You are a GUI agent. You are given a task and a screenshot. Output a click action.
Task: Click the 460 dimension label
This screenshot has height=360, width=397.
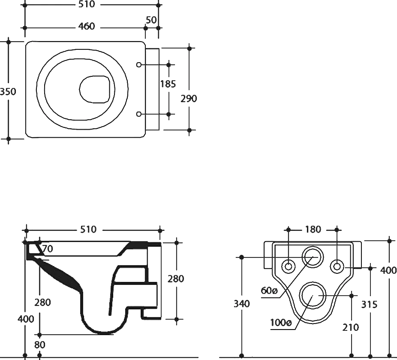(x=86, y=26)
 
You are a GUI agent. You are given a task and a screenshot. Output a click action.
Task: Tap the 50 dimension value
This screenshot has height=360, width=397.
(x=151, y=20)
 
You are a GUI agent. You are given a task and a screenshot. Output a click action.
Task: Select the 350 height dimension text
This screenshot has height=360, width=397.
(x=8, y=91)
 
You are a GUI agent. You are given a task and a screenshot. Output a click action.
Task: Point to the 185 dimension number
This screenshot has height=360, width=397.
(x=168, y=84)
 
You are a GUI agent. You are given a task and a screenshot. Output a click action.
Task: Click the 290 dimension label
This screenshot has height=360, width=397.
(x=189, y=99)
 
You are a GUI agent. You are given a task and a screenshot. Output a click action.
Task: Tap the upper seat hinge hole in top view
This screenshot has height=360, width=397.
(x=139, y=65)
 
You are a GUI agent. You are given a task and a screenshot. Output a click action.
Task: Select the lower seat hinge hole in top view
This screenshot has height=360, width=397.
(x=139, y=114)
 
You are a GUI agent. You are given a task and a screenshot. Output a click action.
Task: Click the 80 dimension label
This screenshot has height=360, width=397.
(x=40, y=345)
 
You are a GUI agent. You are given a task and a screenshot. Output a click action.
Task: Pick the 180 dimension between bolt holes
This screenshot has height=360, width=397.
(x=313, y=229)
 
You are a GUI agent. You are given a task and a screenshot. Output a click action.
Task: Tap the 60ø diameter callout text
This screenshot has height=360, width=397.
(x=269, y=290)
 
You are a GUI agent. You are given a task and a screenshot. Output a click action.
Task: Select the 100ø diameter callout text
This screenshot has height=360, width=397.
(x=281, y=323)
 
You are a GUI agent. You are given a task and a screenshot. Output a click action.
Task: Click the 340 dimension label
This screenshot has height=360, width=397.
(x=241, y=303)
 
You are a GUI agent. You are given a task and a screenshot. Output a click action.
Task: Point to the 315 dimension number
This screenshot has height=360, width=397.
(x=369, y=304)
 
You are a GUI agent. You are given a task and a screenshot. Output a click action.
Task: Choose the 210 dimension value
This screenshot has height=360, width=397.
(x=351, y=327)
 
